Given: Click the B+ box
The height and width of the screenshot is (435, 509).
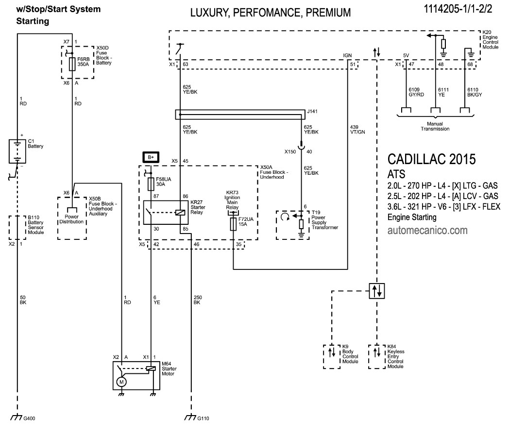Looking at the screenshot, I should [x=151, y=156].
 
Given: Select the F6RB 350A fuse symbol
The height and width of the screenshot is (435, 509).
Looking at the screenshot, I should [x=72, y=64].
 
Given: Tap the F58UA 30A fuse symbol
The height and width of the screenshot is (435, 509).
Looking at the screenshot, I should [x=151, y=184].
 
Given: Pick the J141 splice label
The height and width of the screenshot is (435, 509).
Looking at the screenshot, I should [x=312, y=111].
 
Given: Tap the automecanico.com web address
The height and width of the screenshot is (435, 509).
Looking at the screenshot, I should [x=427, y=230].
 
